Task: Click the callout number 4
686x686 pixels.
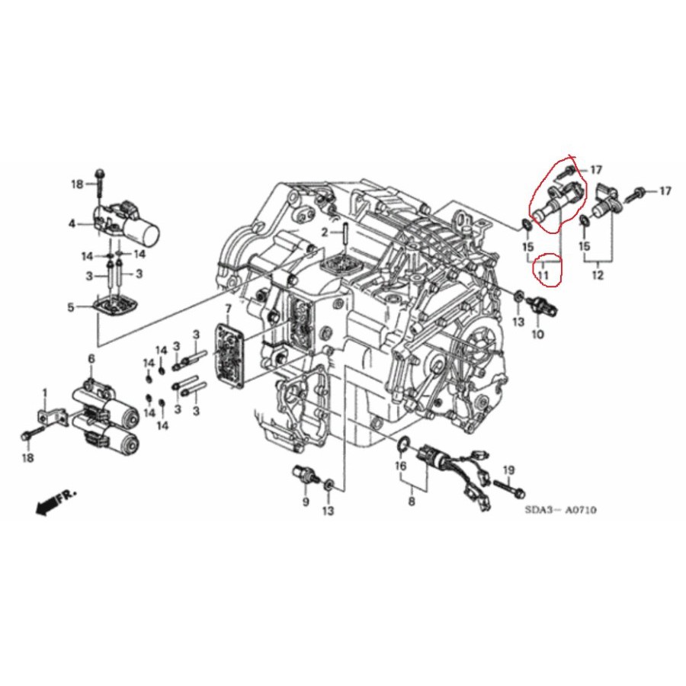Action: [72, 223]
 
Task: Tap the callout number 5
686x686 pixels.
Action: [72, 307]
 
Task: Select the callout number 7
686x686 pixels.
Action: [226, 308]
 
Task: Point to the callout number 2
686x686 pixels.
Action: [324, 231]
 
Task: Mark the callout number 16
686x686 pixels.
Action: [400, 466]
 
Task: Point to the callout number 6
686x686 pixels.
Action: [91, 359]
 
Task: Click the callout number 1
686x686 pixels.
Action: [44, 393]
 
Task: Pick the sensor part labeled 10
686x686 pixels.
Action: [547, 306]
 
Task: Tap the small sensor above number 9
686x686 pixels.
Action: [303, 474]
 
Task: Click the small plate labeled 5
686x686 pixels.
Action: [115, 309]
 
